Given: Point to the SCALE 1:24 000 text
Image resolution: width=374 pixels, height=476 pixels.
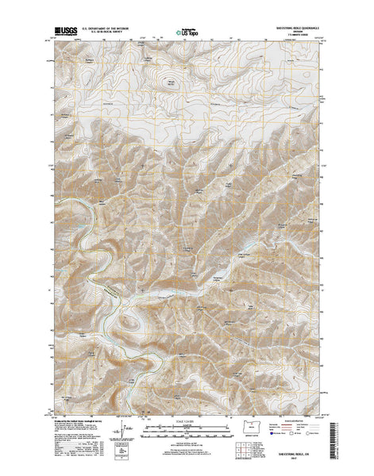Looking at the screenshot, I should click(187, 413).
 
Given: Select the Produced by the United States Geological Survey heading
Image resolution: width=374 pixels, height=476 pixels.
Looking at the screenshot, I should click(79, 415).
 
